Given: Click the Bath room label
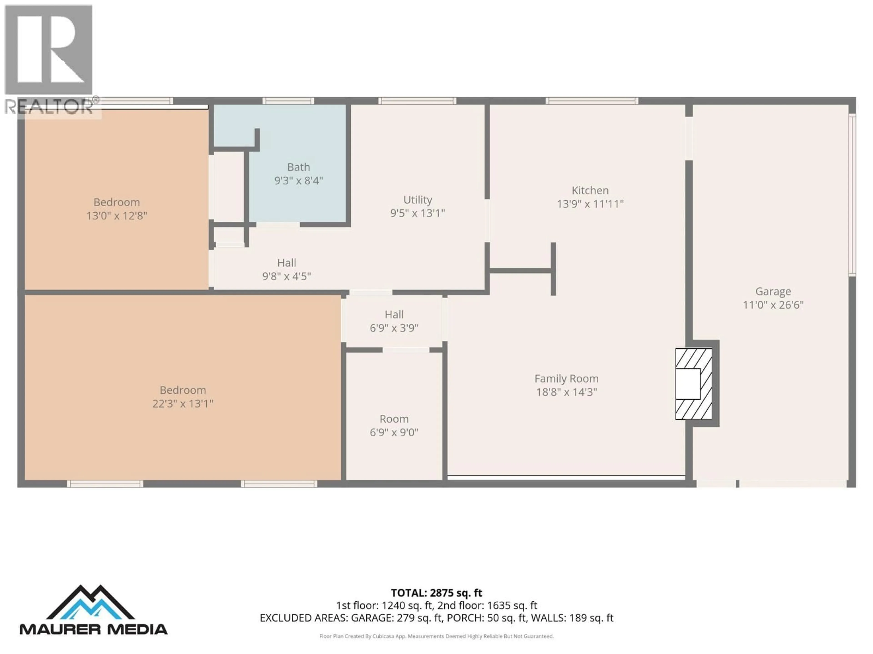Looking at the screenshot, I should click(x=298, y=167).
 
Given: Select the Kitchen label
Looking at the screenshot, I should click(x=590, y=190).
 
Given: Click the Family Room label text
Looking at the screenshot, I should click(x=566, y=379).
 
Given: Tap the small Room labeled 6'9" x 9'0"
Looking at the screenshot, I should click(x=394, y=426).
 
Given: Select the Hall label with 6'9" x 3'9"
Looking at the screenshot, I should click(x=394, y=315).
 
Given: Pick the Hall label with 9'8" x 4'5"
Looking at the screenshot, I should click(x=286, y=263).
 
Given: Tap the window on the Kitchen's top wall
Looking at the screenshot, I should click(x=591, y=101).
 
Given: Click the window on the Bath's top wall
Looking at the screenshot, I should click(x=288, y=101).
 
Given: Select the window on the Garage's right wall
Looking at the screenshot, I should click(x=852, y=194).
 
